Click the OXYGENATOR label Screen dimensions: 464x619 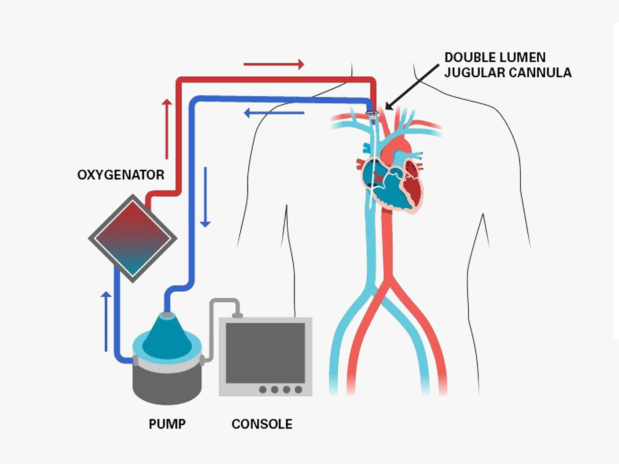[121, 175]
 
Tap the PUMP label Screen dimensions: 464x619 [167, 424]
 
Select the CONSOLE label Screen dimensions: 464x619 [262, 424]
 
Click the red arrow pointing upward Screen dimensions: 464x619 [167, 129]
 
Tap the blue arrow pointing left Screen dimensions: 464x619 [274, 113]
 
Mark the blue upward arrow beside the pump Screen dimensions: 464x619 [106, 321]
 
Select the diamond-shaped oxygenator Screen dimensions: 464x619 [133, 238]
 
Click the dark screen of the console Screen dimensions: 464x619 [265, 353]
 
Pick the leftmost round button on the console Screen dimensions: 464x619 [263, 389]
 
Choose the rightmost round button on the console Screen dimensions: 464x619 [299, 389]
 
